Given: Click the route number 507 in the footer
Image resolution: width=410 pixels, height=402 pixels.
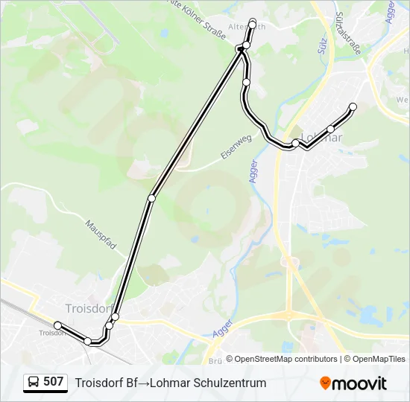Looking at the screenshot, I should coord(53,382).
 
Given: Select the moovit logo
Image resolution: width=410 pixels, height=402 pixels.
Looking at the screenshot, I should coord(353,383).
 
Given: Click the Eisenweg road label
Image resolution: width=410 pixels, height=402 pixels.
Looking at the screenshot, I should coord(237,147).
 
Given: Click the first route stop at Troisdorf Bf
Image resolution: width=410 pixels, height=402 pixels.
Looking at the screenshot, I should coord(57,325).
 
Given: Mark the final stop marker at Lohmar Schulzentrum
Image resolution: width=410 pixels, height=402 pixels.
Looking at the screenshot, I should coord(353,107).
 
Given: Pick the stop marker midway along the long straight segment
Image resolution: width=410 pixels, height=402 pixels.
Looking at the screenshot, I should coord(152,198).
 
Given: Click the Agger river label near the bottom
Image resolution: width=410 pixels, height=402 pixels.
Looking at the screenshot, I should coord(222,328).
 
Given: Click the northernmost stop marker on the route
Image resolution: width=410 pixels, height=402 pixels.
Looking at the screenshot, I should coord(253,23).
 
